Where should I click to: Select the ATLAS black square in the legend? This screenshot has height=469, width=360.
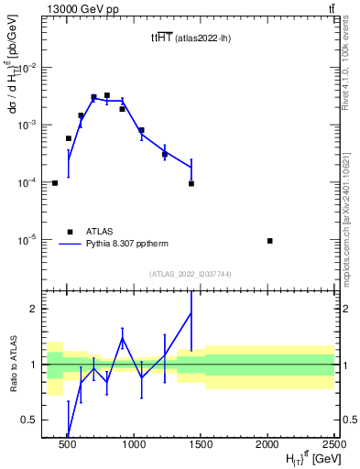pyautogui.click(x=69, y=232)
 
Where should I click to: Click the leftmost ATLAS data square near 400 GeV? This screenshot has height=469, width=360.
pyautogui.click(x=55, y=183)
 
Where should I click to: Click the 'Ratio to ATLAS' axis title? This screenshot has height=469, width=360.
pyautogui.click(x=11, y=364)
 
